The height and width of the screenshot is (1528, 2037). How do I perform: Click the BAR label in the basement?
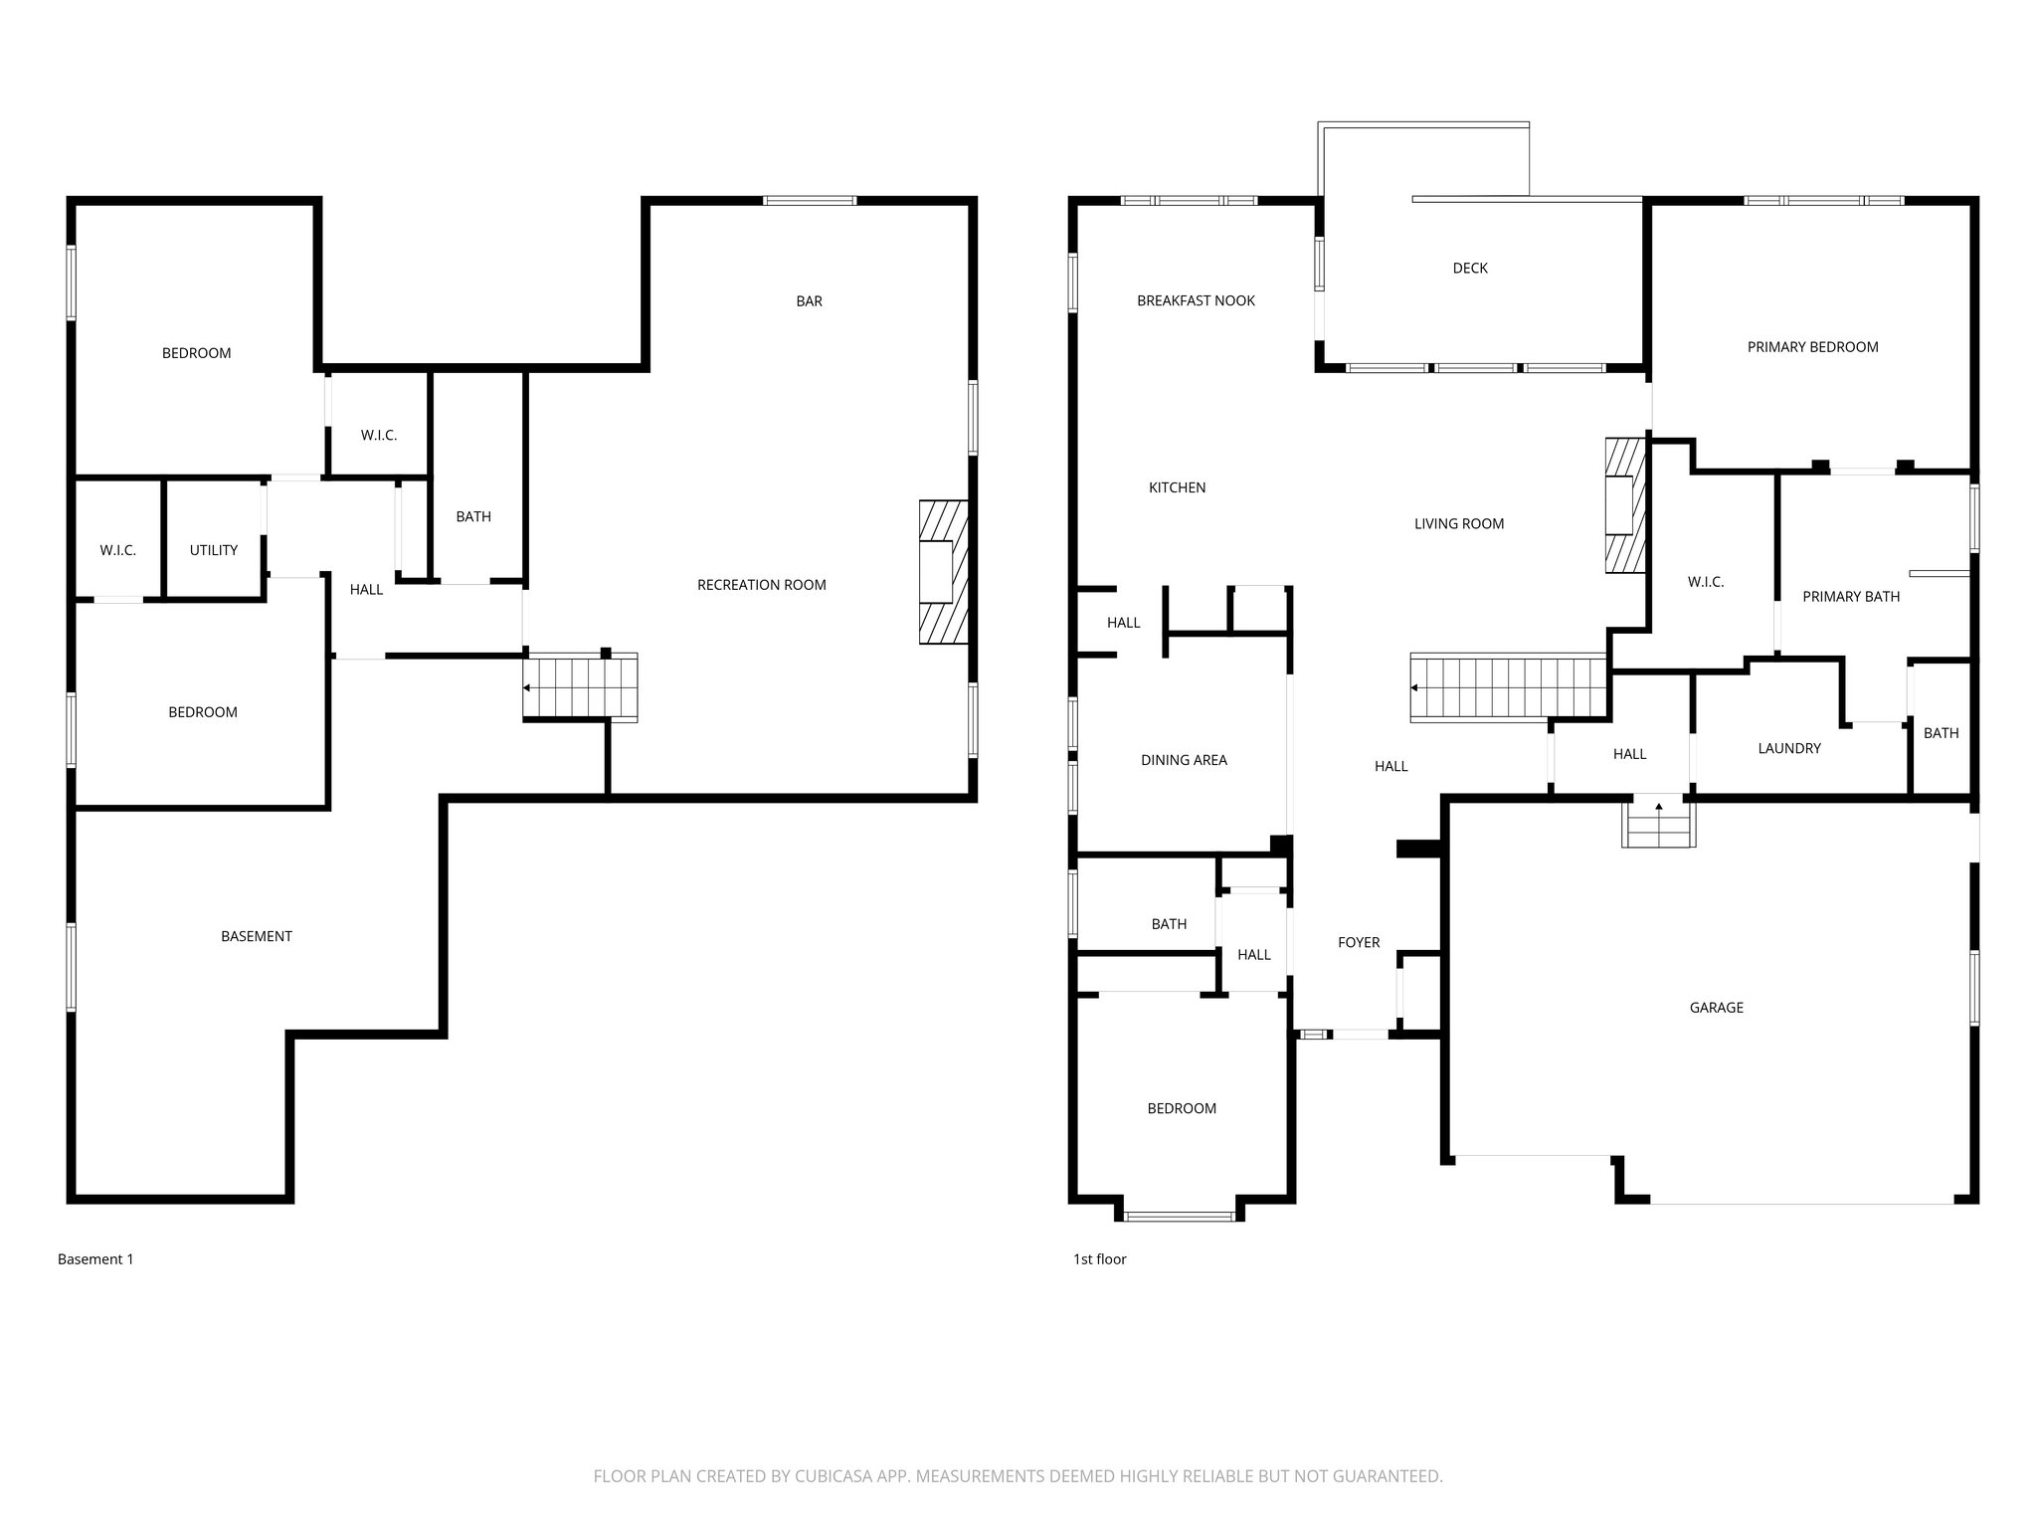809,301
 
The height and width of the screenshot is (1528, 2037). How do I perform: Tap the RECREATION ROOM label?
761,585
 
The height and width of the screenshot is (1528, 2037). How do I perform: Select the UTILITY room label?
214,550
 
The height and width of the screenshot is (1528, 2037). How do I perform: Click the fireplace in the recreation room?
942,572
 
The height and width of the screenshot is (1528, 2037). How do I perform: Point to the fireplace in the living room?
1624,505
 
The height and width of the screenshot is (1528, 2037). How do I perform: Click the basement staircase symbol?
580,687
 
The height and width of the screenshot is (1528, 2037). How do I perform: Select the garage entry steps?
1658,824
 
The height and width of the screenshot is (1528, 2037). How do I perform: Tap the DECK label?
1470,269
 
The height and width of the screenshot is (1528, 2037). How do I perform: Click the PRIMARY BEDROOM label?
1812,347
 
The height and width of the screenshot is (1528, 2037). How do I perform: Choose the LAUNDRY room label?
1788,749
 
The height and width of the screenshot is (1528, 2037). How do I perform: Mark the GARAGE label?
1716,1008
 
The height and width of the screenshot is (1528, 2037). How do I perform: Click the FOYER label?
1359,943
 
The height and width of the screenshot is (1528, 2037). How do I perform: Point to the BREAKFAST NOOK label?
1196,300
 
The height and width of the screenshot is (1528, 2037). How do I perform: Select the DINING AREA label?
1184,760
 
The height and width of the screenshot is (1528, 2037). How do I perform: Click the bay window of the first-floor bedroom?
1180,1215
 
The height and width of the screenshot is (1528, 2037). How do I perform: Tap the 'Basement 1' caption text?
95,1259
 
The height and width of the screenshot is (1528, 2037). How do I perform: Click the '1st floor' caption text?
1099,1259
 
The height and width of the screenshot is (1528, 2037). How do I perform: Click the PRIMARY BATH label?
1851,597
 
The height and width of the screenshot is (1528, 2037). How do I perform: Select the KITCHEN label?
1177,487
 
